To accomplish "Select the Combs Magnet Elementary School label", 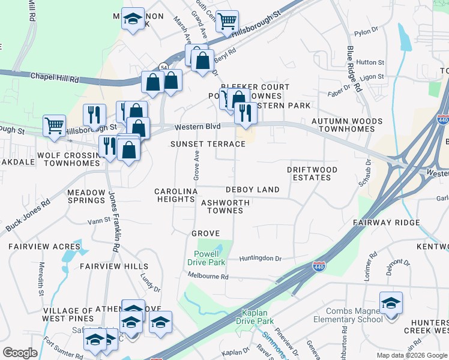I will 354,315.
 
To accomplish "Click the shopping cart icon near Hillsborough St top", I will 228,22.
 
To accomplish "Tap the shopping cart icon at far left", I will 54,126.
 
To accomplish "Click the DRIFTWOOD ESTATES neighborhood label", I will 312,174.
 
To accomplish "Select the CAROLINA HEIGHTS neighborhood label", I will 176,195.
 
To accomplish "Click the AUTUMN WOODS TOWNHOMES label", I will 346,125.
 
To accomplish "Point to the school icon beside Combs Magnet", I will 391,303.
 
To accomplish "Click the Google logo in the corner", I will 20,353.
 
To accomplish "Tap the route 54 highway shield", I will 163,66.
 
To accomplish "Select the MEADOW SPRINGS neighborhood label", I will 86,196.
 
